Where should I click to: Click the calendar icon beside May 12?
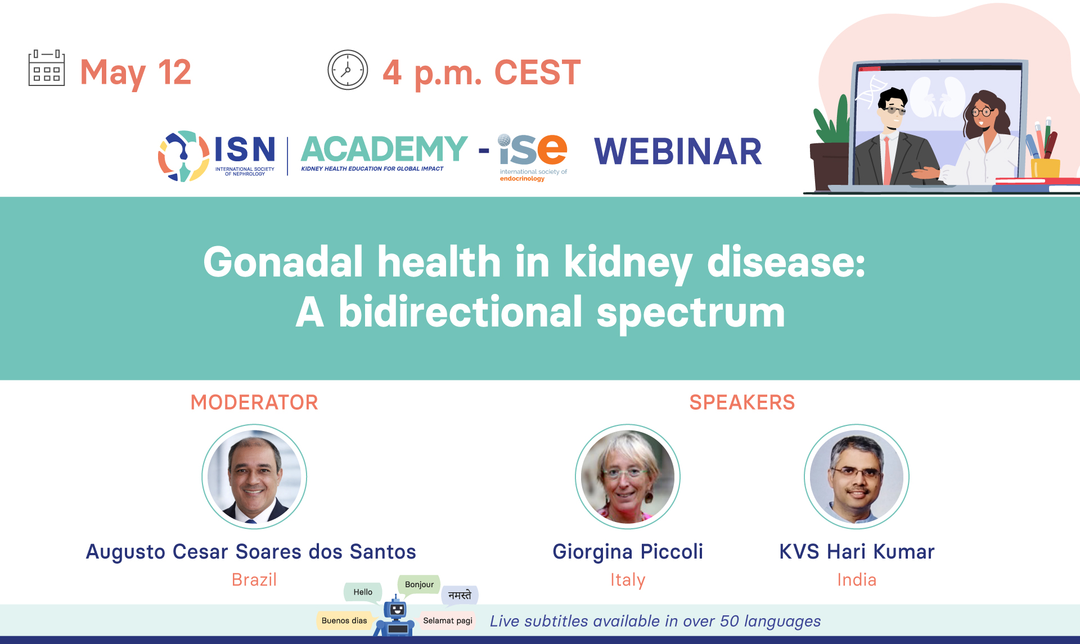point(47,68)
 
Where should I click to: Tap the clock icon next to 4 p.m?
point(348,70)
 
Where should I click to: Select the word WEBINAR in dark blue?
point(678,151)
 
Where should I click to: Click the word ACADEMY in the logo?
point(384,149)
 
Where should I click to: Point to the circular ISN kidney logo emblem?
point(184,156)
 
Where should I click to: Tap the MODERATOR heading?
point(254,402)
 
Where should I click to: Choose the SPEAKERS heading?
point(742,402)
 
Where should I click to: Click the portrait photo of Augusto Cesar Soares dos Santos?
point(254,477)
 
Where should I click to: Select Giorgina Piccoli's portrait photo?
point(628,477)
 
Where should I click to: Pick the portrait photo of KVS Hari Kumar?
point(857,477)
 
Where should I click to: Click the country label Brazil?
point(254,579)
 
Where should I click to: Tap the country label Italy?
point(628,579)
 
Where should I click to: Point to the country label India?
point(857,579)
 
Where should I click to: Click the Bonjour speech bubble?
point(419,585)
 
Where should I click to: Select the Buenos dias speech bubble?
point(344,621)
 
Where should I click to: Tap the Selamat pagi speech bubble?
point(448,621)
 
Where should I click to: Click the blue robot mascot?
point(397,618)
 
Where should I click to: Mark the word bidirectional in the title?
point(461,312)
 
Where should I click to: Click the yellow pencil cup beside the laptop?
point(1045,168)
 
